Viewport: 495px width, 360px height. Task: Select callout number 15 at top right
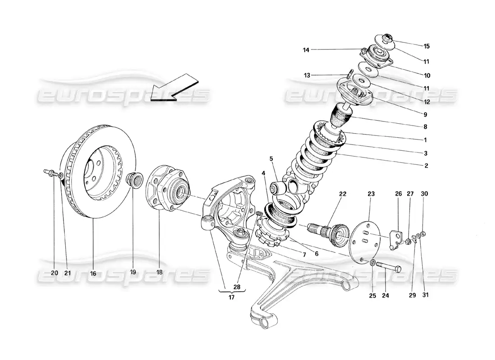click(426, 46)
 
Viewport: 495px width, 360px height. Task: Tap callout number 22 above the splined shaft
click(343, 194)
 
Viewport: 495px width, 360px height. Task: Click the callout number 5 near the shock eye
click(271, 158)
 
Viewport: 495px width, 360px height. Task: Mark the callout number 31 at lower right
click(424, 296)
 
